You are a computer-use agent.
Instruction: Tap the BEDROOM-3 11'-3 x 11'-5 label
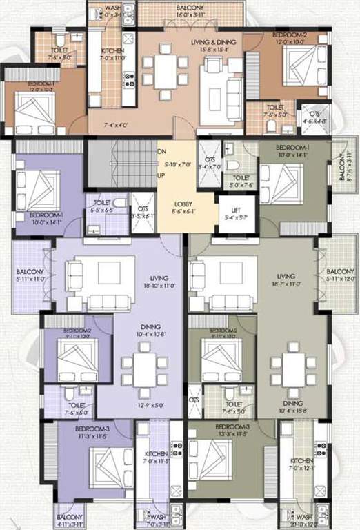tap(92, 432)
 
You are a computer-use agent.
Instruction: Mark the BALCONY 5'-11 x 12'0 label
tap(340, 275)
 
